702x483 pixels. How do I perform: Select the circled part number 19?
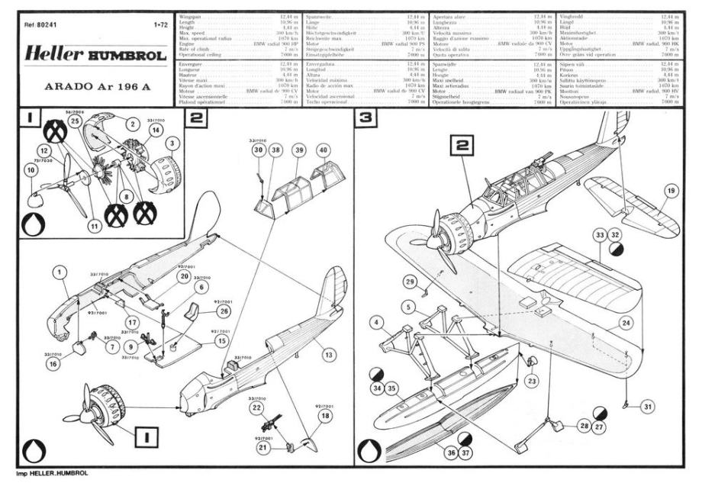[670, 190]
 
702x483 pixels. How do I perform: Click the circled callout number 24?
[626, 323]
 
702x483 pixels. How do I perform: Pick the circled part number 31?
[648, 407]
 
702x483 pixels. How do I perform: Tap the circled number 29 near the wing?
[411, 283]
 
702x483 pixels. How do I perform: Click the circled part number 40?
[324, 150]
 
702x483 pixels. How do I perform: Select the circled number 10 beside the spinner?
[31, 172]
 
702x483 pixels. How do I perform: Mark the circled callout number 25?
[74, 121]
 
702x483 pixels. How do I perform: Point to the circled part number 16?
[52, 364]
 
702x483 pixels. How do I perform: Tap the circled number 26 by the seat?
[224, 311]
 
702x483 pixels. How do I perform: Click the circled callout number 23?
[531, 380]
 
